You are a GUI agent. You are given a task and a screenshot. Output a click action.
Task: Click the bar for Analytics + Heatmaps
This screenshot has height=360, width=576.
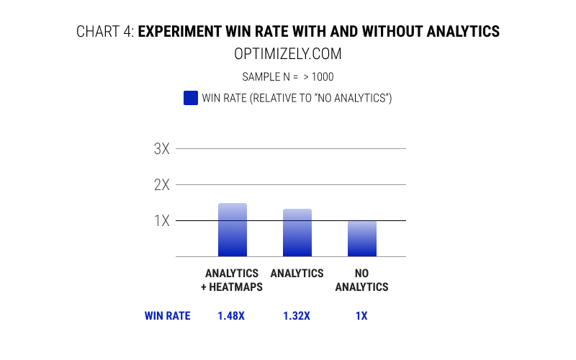(232, 230)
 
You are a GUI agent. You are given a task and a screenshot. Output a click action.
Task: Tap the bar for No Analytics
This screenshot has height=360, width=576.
(361, 238)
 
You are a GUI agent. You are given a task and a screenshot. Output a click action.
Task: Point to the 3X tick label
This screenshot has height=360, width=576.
(161, 149)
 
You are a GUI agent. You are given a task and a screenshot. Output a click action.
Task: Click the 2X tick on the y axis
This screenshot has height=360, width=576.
(161, 184)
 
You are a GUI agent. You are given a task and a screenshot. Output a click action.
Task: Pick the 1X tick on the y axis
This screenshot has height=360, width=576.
(161, 220)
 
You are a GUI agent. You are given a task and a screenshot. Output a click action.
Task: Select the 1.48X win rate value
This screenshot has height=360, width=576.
(232, 315)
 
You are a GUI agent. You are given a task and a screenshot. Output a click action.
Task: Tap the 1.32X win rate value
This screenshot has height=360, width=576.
(297, 315)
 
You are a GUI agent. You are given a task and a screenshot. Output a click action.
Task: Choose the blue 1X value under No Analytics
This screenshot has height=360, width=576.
(361, 315)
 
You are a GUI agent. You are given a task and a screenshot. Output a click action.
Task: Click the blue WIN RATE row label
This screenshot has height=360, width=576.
(167, 315)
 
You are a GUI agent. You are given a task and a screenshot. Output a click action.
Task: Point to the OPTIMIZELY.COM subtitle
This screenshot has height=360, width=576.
(287, 54)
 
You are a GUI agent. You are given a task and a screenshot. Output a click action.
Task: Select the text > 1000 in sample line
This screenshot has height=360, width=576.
(318, 76)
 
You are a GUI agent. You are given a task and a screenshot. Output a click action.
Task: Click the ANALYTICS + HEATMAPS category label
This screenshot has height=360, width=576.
(232, 280)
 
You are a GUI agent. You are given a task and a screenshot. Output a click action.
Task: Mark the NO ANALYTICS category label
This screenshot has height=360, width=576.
(361, 280)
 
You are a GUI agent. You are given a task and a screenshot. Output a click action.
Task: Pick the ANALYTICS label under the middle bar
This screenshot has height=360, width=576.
(297, 274)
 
